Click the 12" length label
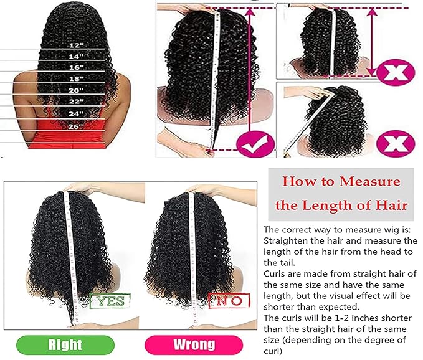[x=76, y=45]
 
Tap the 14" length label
[x=76, y=57]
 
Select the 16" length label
[x=76, y=67]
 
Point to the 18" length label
[x=76, y=79]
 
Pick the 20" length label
[x=76, y=90]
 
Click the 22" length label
[x=76, y=102]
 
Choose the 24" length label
[x=76, y=113]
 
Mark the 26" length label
[x=76, y=125]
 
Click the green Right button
[x=65, y=344]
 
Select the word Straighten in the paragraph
[x=287, y=240]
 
